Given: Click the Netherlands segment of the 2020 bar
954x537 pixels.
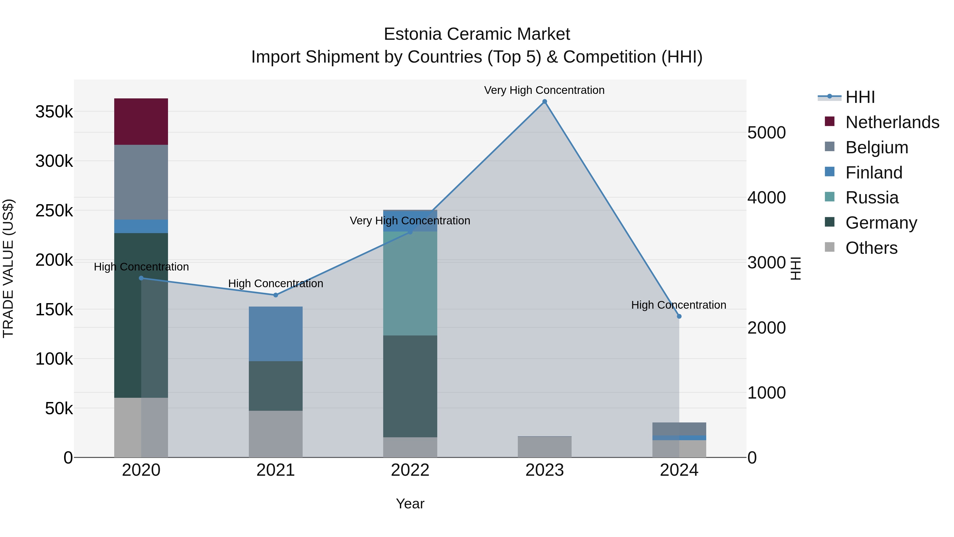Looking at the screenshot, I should pyautogui.click(x=141, y=121).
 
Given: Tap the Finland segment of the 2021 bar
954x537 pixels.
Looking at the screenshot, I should pyautogui.click(x=276, y=334).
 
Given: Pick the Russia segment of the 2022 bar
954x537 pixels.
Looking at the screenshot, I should pyautogui.click(x=410, y=283).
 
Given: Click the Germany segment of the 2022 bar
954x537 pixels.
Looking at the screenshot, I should pyautogui.click(x=410, y=386).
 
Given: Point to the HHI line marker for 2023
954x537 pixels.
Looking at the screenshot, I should pyautogui.click(x=544, y=102).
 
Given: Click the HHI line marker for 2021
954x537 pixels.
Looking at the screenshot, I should pyautogui.click(x=276, y=295).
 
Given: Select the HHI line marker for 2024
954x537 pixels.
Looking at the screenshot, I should pyautogui.click(x=679, y=316).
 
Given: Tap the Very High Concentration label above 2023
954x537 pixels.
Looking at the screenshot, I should pyautogui.click(x=544, y=90).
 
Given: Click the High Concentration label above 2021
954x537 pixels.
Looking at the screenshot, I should pyautogui.click(x=276, y=283).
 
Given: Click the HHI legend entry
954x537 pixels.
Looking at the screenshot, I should pyautogui.click(x=860, y=97).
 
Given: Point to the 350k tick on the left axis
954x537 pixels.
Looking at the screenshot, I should pyautogui.click(x=54, y=112).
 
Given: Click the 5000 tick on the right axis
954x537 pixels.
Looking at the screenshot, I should pyautogui.click(x=766, y=133).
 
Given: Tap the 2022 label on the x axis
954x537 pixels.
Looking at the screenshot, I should pyautogui.click(x=410, y=470).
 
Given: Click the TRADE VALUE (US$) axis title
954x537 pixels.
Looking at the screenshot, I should pyautogui.click(x=8, y=268).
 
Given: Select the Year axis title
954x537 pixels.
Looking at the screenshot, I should pyautogui.click(x=410, y=504).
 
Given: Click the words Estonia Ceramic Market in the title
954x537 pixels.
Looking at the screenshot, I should pyautogui.click(x=477, y=34).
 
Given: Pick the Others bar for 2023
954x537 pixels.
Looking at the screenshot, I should pyautogui.click(x=544, y=447).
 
